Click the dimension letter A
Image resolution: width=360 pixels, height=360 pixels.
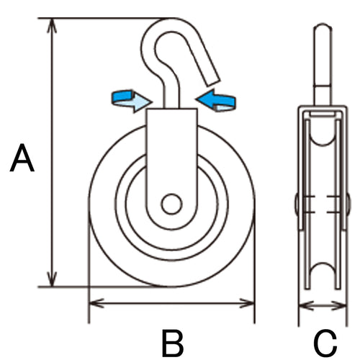(22, 158)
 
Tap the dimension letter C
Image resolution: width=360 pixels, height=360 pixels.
(325, 343)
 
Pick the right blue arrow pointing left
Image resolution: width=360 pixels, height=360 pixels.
(220, 100)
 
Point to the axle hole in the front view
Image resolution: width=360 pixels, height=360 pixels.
(171, 204)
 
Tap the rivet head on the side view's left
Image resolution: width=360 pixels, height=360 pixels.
(297, 204)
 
